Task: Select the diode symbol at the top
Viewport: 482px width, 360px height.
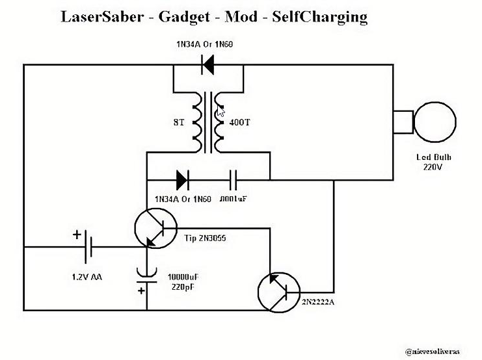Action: tap(209, 64)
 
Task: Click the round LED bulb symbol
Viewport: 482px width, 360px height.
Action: tap(435, 122)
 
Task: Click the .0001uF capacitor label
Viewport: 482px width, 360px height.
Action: tap(234, 198)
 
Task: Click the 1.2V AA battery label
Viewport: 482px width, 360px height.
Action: tap(87, 277)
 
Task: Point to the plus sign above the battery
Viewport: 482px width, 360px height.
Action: tap(77, 235)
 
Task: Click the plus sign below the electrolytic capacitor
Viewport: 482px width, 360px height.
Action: tap(141, 290)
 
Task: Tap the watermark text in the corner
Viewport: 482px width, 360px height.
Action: tap(432, 352)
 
